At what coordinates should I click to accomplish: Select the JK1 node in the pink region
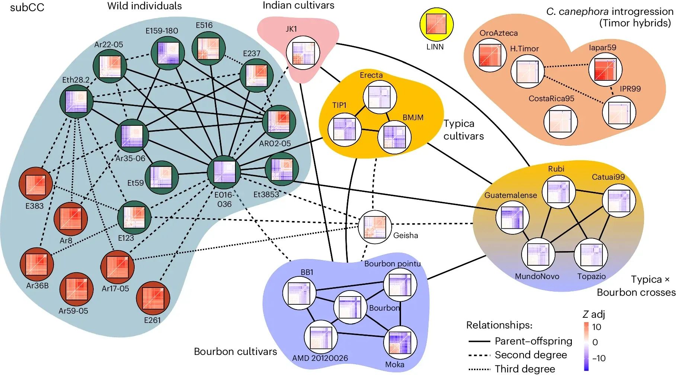point(302,53)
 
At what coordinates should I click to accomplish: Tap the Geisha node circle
point(375,227)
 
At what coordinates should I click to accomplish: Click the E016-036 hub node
point(224,172)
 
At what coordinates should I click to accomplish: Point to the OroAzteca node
point(490,55)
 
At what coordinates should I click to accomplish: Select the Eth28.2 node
point(76,102)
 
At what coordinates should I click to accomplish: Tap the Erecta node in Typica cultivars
point(379,97)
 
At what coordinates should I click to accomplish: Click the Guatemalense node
point(512,218)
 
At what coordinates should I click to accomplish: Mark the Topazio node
point(591,255)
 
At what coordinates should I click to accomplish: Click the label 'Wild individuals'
point(144,6)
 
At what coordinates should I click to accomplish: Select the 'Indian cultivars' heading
point(298,5)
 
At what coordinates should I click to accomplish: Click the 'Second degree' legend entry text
point(531,355)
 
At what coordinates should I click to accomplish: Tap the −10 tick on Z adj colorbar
point(599,358)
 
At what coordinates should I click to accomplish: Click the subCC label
point(27,7)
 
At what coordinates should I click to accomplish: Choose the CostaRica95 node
point(560,122)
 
